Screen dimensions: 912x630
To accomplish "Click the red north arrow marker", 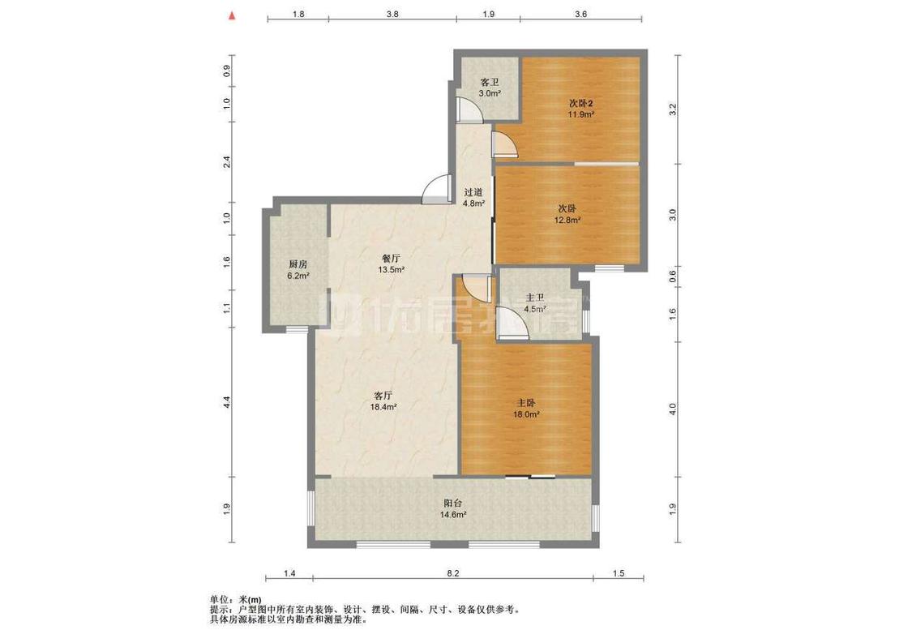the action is point(232,16).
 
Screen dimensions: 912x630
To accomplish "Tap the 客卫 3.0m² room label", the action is point(490,88).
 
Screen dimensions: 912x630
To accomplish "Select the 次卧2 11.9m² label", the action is point(581,109).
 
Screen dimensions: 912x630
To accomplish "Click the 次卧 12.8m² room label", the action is point(567,214).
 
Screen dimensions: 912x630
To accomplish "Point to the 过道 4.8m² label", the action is point(473,198).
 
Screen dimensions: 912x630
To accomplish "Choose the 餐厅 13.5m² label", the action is point(391,264).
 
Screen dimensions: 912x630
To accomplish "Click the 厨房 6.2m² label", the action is point(298,270).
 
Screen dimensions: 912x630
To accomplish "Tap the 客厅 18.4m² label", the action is point(383,401).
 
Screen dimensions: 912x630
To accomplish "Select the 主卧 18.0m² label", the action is point(526,409).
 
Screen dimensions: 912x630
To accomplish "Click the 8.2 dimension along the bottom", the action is point(453,573).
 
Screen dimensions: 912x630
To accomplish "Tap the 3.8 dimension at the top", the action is point(392,14).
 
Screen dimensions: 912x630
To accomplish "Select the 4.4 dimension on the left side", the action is point(227,401).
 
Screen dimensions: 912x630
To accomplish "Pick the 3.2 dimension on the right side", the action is point(673,109).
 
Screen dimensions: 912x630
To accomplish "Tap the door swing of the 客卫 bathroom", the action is point(469,109).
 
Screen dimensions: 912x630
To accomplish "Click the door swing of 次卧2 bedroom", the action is point(503,145).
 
